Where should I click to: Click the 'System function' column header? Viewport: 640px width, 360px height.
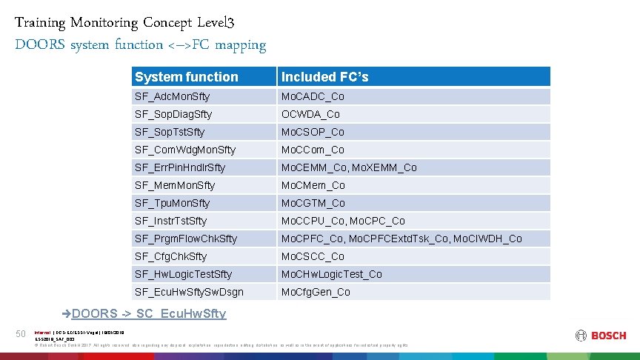tap(187, 77)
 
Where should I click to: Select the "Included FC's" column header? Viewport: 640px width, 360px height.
tap(324, 77)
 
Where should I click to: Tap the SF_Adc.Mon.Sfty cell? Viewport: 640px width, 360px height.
tap(172, 96)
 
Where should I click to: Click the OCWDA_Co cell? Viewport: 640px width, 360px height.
tap(310, 114)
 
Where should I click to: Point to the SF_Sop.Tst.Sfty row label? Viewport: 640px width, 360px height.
tap(170, 132)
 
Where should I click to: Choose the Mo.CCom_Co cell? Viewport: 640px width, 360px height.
tap(313, 150)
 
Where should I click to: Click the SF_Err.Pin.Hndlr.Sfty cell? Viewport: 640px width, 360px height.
tap(180, 167)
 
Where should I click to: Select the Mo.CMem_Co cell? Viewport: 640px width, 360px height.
tap(313, 185)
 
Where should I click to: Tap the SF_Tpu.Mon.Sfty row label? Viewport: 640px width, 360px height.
tap(172, 203)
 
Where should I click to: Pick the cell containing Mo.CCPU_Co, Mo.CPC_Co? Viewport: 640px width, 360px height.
tap(343, 221)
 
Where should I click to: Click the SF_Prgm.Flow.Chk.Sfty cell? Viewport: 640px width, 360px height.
tap(186, 239)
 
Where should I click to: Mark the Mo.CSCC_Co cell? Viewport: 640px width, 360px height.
tap(313, 256)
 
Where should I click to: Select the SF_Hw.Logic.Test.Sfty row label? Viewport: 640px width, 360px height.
tap(183, 274)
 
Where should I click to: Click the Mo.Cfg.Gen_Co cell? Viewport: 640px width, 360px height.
tap(316, 292)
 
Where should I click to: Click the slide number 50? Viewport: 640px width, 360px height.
tap(21, 335)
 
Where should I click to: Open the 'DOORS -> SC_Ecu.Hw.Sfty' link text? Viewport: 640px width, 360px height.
tap(149, 313)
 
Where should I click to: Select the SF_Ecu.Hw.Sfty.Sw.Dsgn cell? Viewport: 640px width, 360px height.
tap(189, 292)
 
